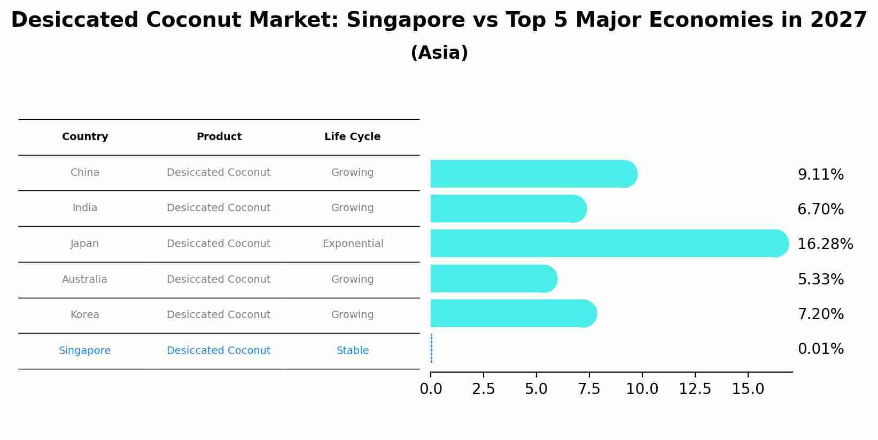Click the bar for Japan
(x=609, y=243)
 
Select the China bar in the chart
(x=533, y=174)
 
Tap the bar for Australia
(x=493, y=279)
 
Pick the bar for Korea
(x=513, y=313)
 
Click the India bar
(x=508, y=209)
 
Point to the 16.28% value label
(x=825, y=244)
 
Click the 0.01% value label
(x=820, y=349)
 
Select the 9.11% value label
(x=820, y=175)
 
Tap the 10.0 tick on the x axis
(x=642, y=389)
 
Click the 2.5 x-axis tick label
(x=483, y=389)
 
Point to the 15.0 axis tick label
(x=748, y=389)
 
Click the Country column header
(x=85, y=137)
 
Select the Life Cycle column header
(x=352, y=137)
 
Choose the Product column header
(x=219, y=137)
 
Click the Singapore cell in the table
(x=84, y=351)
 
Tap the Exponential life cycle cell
(x=353, y=244)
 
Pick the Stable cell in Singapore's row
(x=352, y=351)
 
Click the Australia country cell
(x=84, y=280)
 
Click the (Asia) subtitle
(x=439, y=53)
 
